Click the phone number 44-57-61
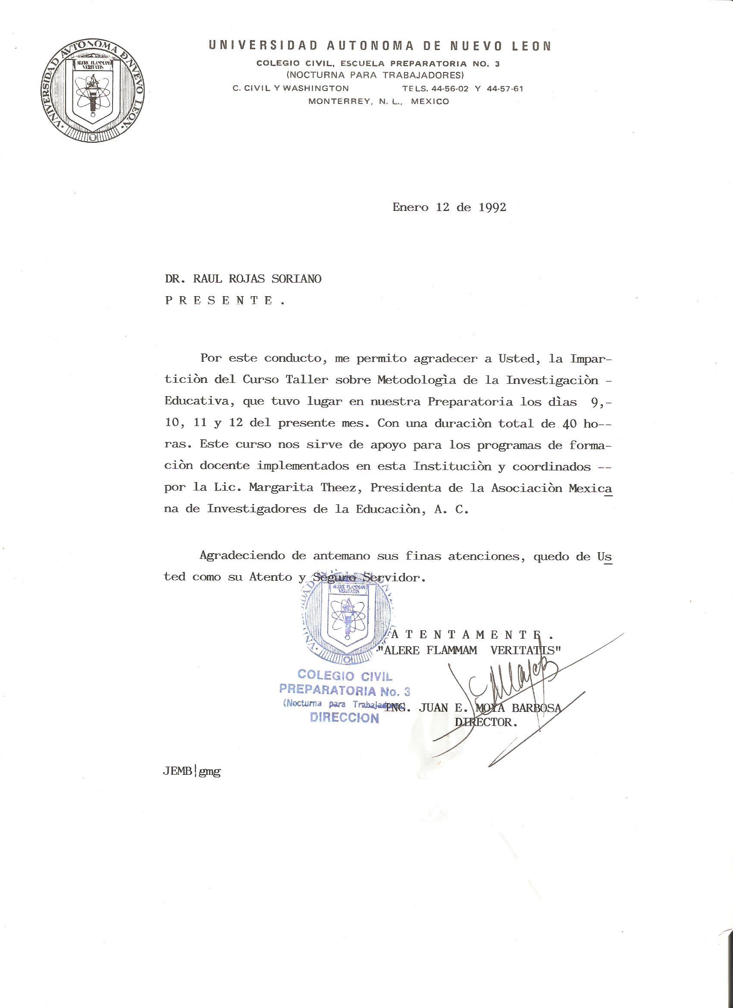(504, 88)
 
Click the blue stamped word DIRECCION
(345, 717)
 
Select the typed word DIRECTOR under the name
(486, 722)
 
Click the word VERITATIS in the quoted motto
(526, 650)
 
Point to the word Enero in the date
(410, 207)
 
